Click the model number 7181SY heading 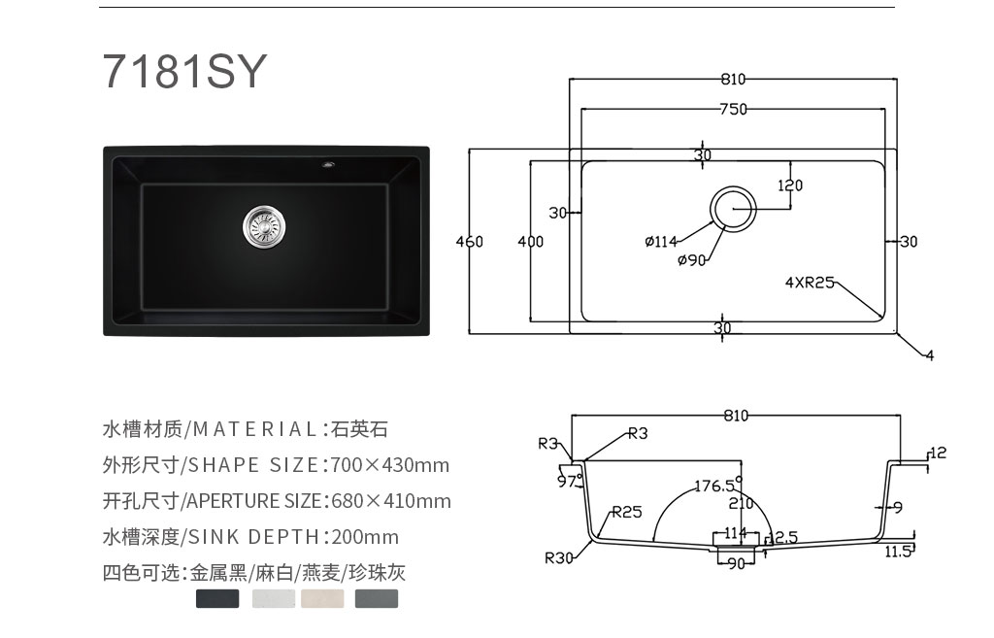point(184,70)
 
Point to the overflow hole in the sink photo point(328,164)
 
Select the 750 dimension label point(734,109)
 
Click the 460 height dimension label point(469,242)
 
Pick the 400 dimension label point(531,242)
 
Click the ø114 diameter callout point(661,242)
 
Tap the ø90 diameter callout point(691,260)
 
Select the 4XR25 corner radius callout point(810,283)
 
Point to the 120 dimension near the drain point(790,185)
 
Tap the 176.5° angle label point(718,486)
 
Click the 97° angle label point(569,481)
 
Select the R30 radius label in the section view point(558,558)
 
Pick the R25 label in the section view point(627,512)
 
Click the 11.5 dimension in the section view point(898,552)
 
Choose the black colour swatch point(217,599)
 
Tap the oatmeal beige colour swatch point(322,599)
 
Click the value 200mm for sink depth point(365,537)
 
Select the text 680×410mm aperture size point(391,501)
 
